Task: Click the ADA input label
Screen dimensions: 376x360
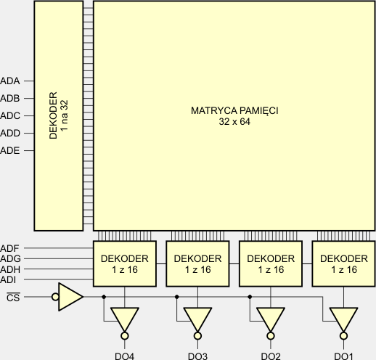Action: (10, 81)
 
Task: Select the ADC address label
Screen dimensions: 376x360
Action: (10, 115)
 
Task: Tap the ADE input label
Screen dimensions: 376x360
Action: (10, 150)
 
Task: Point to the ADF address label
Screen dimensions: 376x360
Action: (9, 248)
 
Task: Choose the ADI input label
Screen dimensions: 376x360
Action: (8, 280)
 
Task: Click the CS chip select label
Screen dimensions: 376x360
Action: (13, 298)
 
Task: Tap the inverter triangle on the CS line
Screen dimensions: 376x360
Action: (70, 297)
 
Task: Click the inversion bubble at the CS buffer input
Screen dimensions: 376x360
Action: (55, 297)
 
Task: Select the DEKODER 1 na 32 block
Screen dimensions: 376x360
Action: (59, 116)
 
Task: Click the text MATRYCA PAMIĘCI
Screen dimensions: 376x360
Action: (234, 110)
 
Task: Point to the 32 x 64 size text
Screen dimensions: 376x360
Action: (234, 121)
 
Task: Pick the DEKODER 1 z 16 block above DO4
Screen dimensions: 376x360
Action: (125, 263)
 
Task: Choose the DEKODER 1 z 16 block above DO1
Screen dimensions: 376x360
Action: (343, 263)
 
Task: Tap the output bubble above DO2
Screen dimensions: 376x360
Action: (271, 336)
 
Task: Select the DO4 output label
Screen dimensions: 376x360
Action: (125, 356)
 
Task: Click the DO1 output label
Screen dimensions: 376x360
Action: (343, 356)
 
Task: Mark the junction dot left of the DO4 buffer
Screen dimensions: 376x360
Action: (104, 297)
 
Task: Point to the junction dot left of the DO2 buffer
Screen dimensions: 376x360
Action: (250, 297)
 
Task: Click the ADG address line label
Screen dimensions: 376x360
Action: (10, 259)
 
